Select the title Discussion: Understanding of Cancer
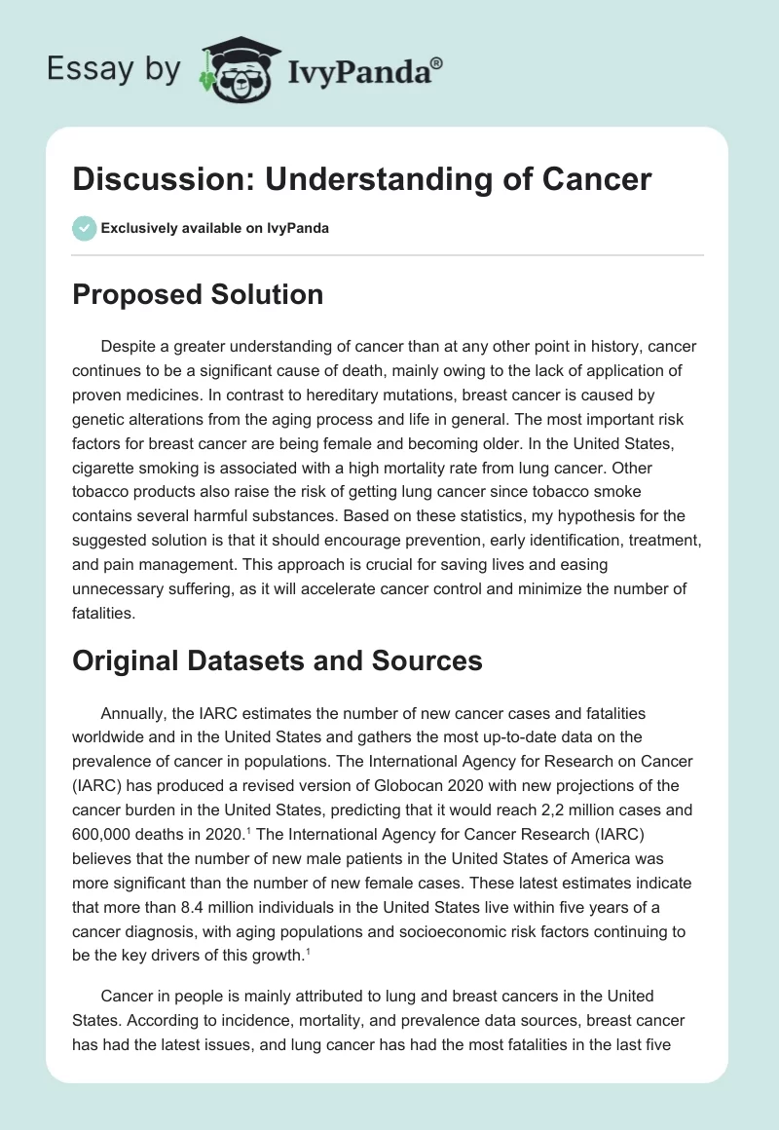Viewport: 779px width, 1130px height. (361, 179)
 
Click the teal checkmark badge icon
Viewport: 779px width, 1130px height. (84, 228)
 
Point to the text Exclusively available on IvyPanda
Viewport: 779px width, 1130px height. (215, 228)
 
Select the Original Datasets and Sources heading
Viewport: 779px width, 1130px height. (278, 660)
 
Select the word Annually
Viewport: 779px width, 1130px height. (133, 714)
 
